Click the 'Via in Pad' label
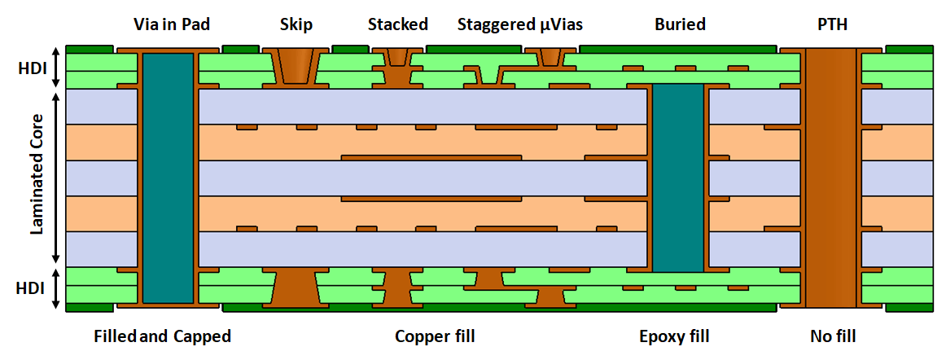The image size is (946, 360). [172, 25]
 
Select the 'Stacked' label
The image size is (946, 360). [397, 25]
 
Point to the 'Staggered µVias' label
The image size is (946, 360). [519, 25]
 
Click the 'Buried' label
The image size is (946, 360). [680, 25]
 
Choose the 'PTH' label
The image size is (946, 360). [832, 25]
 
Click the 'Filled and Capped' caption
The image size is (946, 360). [162, 336]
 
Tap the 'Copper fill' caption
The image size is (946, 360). [435, 336]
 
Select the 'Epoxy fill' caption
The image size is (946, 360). [674, 336]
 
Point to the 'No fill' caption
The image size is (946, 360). [833, 336]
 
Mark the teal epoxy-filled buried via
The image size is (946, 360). [678, 178]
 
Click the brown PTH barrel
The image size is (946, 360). [830, 178]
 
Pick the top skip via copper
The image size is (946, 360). [296, 65]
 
